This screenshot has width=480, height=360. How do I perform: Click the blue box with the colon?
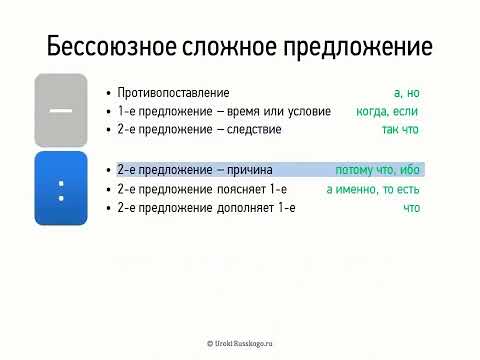[x=61, y=188]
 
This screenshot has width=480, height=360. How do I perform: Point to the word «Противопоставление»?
[x=173, y=92]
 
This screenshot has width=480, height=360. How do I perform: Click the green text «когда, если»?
[x=387, y=111]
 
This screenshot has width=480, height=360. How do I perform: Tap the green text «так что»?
[x=399, y=129]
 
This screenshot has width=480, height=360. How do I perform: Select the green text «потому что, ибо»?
[x=378, y=170]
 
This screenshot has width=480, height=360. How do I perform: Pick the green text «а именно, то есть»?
[x=373, y=189]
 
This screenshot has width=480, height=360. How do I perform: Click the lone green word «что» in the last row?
[x=411, y=208]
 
